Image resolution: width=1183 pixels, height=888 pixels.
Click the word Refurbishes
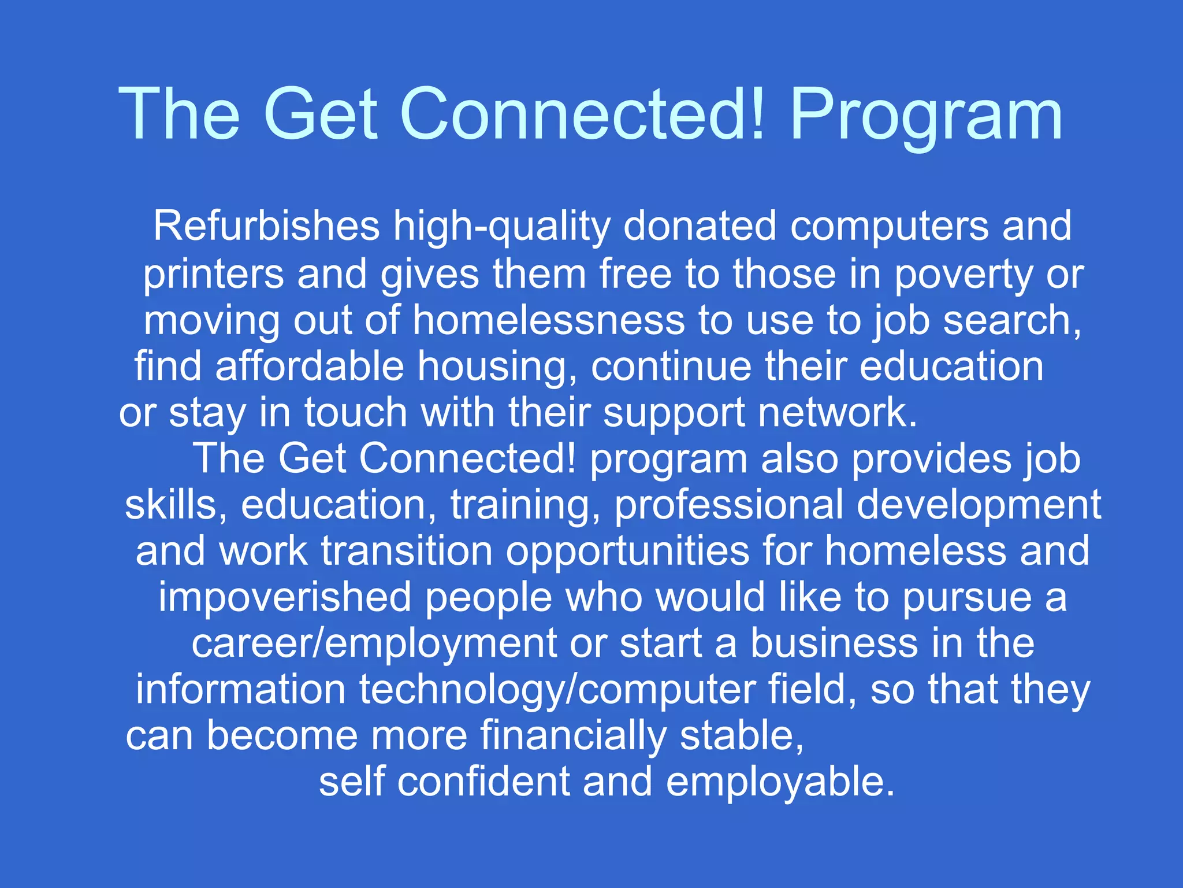point(266,226)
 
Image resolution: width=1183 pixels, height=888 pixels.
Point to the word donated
point(700,226)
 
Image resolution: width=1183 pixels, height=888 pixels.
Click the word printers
point(213,275)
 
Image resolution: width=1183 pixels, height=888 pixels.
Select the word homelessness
point(548,320)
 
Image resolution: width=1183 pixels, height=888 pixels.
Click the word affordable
point(309,367)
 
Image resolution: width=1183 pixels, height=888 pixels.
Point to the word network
point(837,413)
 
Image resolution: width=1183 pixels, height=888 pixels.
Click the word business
point(834,643)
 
